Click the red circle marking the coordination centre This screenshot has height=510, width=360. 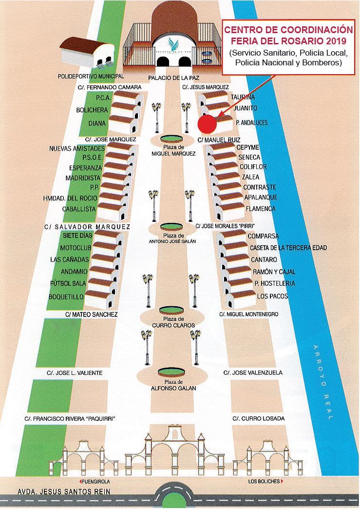(208, 123)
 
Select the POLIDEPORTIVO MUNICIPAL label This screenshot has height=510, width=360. (91, 77)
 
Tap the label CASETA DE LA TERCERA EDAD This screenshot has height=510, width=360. (288, 248)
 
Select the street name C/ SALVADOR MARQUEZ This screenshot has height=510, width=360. (87, 227)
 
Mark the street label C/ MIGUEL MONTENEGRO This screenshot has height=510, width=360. (249, 314)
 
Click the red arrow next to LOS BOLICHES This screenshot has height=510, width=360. (282, 482)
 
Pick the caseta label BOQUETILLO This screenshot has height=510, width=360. (66, 297)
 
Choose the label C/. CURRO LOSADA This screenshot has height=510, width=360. (258, 419)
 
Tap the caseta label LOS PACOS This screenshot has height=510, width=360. (272, 296)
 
